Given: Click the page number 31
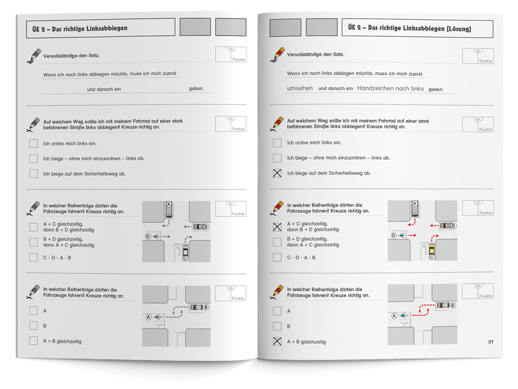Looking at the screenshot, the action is click(x=491, y=342).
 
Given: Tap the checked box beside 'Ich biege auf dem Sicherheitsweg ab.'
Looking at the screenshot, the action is click(x=277, y=173).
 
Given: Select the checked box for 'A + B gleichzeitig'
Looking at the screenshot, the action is click(x=277, y=341).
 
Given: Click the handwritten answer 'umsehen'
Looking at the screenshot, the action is click(x=299, y=88).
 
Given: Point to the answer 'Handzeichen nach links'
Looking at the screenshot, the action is click(x=391, y=88).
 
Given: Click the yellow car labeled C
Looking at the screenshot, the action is click(x=431, y=249).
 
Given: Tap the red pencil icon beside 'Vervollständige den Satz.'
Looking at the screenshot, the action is click(x=277, y=54).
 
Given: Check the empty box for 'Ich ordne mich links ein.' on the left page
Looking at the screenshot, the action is click(x=33, y=143).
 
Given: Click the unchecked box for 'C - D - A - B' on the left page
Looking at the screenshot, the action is click(x=33, y=257).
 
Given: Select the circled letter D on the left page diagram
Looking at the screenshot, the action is click(x=148, y=237).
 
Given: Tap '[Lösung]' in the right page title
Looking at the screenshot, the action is click(x=458, y=29).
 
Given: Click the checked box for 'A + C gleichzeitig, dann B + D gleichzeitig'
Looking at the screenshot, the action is click(x=277, y=227).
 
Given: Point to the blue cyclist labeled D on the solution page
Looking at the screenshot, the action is click(x=401, y=235).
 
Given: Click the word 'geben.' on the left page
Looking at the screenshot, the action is click(x=196, y=89).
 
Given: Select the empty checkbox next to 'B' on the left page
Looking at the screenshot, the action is click(x=33, y=326).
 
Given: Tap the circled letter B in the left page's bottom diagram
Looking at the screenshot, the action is click(x=206, y=307).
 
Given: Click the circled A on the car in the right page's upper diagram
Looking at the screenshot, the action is click(x=415, y=203).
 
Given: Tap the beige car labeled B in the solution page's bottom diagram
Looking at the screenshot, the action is click(x=443, y=305).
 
